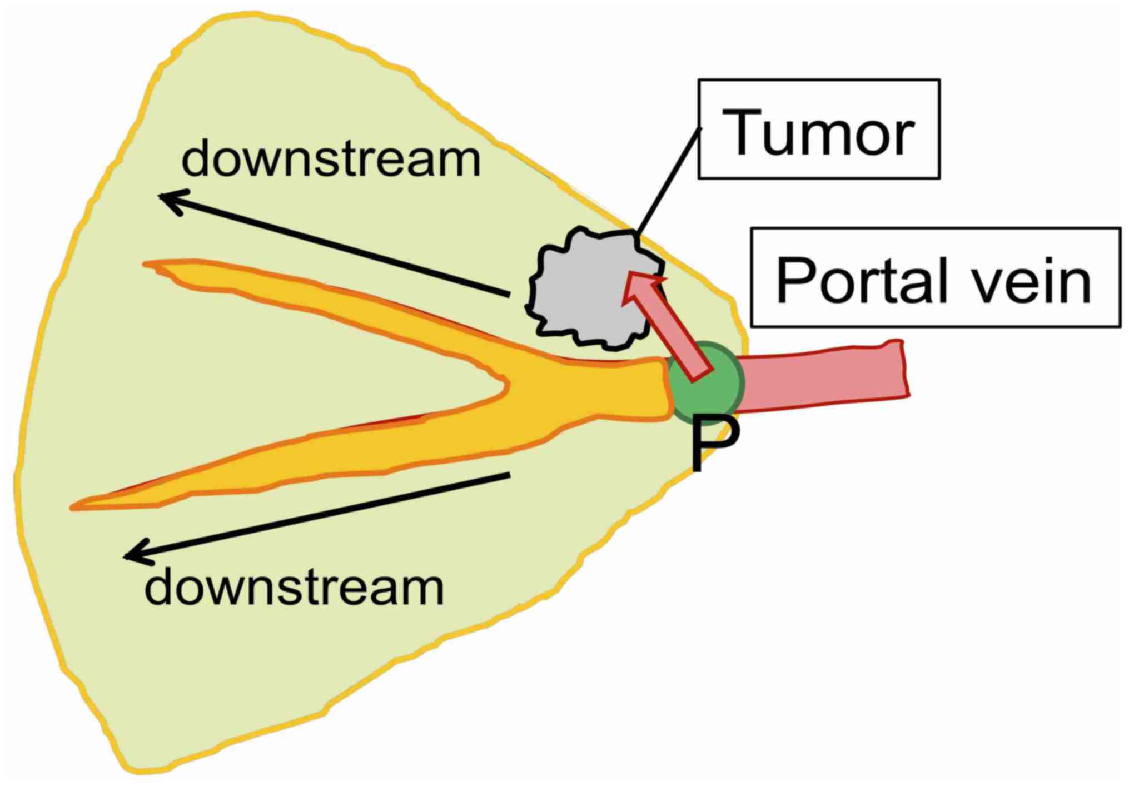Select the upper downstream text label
(331, 160)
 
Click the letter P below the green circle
(714, 445)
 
